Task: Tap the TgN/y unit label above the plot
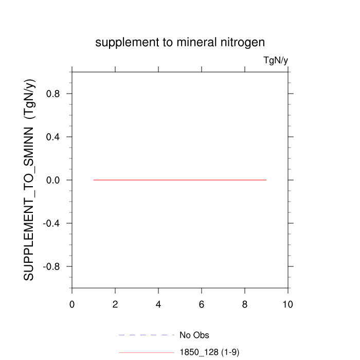[x=276, y=61]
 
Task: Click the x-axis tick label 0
[x=72, y=304]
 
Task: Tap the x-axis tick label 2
[x=115, y=304]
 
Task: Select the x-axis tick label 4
[x=158, y=304]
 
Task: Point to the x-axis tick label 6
[x=202, y=304]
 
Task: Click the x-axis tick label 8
[x=245, y=304]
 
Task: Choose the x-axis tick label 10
[x=287, y=304]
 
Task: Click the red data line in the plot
[x=180, y=180]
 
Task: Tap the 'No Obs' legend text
[x=194, y=335]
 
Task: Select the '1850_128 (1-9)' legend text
[x=209, y=352]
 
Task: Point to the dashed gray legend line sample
[x=147, y=335]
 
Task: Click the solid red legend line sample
[x=147, y=352]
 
